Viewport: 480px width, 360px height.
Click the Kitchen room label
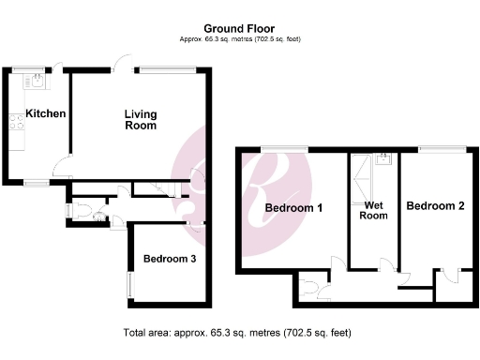[x=45, y=114]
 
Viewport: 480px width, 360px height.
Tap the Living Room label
[x=141, y=120]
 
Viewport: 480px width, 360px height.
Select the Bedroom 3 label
[x=169, y=260]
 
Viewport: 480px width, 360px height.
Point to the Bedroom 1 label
[x=293, y=208]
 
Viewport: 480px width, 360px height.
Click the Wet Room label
[x=373, y=209]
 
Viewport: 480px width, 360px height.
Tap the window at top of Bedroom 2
[x=442, y=148]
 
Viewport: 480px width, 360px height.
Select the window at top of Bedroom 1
[x=283, y=148]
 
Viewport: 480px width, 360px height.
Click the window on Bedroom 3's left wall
[x=129, y=286]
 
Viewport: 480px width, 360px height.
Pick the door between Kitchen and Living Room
[x=62, y=170]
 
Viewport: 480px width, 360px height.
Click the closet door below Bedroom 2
[x=450, y=274]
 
